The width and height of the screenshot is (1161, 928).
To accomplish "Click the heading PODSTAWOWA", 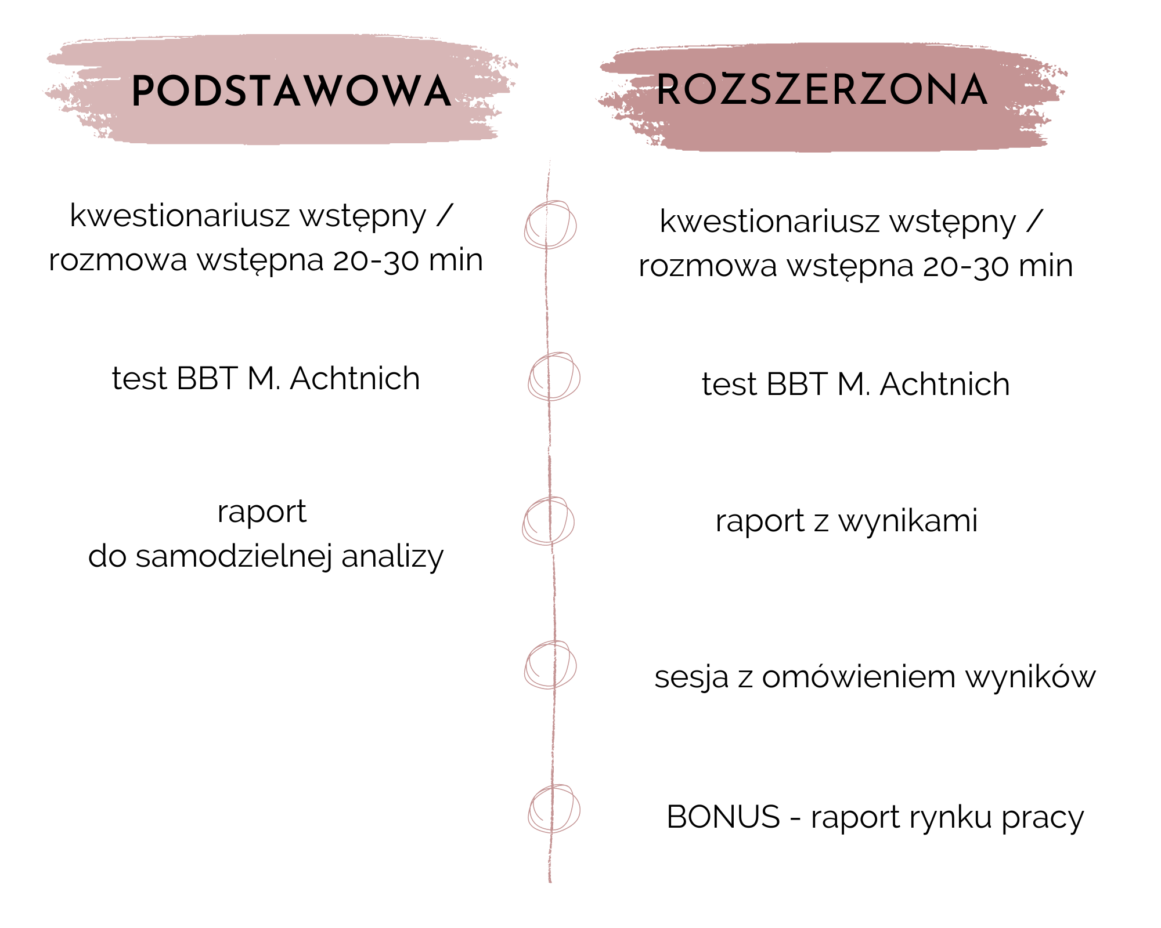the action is pos(291,92).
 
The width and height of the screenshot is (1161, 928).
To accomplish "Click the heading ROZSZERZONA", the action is pos(821,89).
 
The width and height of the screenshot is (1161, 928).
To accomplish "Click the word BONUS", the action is pos(723,817).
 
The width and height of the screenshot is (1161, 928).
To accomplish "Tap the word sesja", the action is pos(691,677).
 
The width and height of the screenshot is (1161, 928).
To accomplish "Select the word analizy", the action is pos(392,557).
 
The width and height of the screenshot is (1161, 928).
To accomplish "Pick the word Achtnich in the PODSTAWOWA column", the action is pos(355,379).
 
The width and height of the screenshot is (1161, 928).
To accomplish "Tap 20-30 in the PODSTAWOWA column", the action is pos(376,260).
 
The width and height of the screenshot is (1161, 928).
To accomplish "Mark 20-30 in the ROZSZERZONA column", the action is pos(965,266).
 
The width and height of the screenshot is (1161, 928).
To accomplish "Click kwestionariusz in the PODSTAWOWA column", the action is pos(179,216).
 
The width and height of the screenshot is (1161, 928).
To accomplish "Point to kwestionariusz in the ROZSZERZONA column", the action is pos(770,222).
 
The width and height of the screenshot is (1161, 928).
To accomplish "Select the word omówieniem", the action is pos(859,677).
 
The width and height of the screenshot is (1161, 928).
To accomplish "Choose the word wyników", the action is pos(1030,677).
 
